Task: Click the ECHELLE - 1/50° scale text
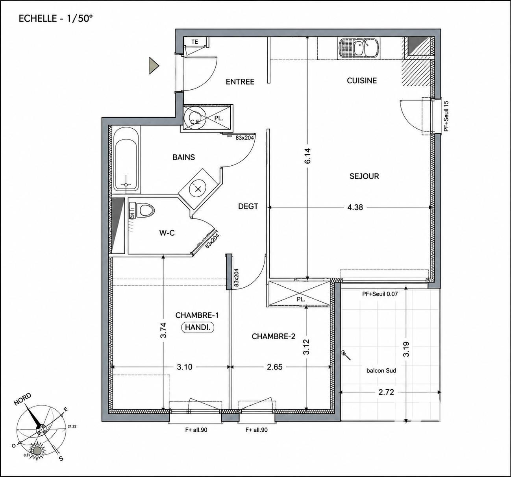click(x=56, y=18)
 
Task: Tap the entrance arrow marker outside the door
click(x=154, y=66)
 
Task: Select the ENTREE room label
click(x=240, y=81)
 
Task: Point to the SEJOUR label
click(x=364, y=176)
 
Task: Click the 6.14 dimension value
click(x=308, y=156)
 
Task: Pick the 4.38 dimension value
click(x=355, y=207)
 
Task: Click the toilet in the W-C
click(x=141, y=210)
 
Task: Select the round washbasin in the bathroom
click(x=198, y=189)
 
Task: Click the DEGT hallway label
click(x=248, y=206)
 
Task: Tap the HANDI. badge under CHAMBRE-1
click(x=198, y=327)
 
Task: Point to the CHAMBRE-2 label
click(x=274, y=336)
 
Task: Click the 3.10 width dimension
click(x=185, y=367)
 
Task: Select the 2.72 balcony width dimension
click(x=386, y=392)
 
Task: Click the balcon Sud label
click(x=381, y=370)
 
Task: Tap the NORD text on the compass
click(x=22, y=399)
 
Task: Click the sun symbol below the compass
click(x=37, y=451)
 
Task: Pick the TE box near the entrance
click(x=195, y=42)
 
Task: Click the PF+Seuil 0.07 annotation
click(x=380, y=294)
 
